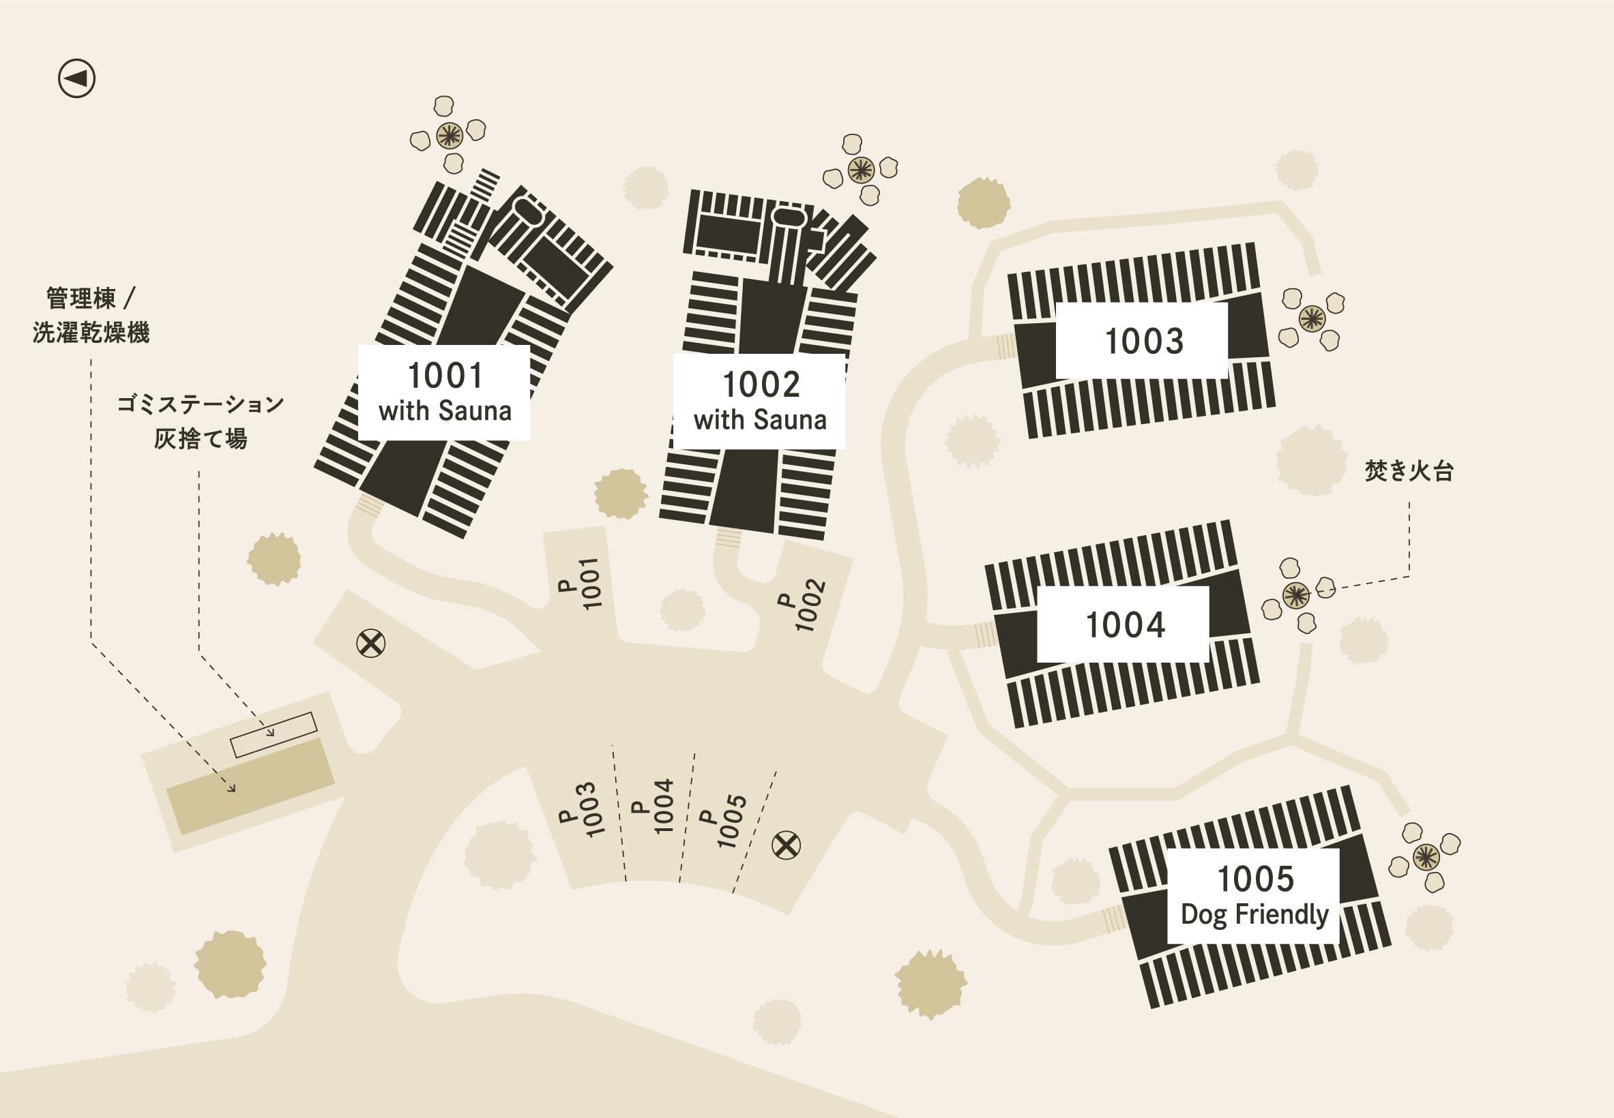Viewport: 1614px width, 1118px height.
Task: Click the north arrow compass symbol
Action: [76, 78]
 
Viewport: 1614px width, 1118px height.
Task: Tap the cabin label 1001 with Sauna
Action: [444, 392]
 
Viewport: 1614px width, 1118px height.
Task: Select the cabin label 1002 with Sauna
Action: [760, 402]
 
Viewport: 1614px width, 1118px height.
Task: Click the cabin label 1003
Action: [1143, 341]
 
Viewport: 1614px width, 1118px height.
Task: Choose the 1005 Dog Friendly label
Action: [1254, 896]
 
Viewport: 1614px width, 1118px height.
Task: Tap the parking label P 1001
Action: [581, 584]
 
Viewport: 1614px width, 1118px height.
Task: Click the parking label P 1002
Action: [802, 605]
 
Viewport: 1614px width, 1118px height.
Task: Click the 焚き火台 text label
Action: [1409, 471]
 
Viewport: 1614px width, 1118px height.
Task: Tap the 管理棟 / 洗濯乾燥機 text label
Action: [91, 315]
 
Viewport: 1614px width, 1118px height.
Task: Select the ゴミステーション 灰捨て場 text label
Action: [201, 421]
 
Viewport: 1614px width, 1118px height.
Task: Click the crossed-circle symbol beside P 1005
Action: [786, 845]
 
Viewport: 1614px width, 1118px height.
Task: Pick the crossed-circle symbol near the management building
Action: [370, 643]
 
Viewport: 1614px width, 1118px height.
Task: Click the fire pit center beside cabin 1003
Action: [1312, 319]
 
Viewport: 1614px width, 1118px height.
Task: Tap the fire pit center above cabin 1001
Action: [450, 134]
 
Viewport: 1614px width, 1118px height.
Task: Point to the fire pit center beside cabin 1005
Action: [1426, 857]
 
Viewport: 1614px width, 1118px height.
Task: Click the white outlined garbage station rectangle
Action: [274, 734]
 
